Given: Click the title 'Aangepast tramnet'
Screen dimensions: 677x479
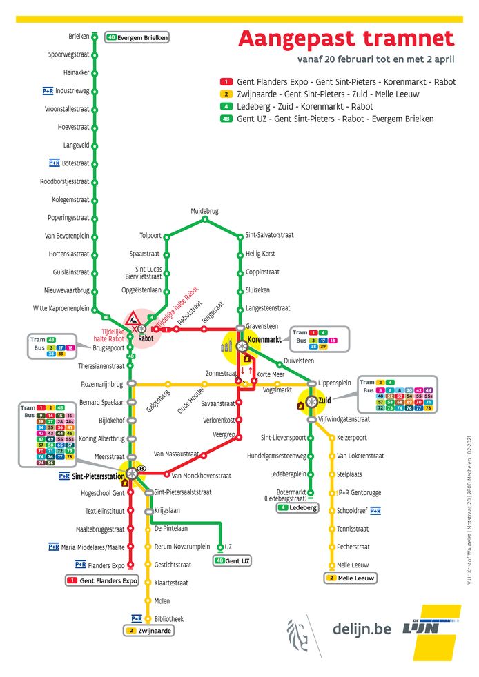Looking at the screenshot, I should point(346,39).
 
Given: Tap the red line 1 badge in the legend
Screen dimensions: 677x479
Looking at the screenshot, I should point(225,81).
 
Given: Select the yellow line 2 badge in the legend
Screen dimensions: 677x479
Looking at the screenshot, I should point(225,94).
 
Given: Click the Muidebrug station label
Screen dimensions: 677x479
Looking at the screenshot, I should point(204,211).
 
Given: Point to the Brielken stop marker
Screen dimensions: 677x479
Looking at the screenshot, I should point(95,37).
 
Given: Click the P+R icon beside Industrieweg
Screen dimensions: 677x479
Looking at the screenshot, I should point(48,90).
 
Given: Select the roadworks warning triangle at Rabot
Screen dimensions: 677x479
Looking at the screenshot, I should point(133,319).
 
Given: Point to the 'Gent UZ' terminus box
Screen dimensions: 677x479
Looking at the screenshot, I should point(232,560).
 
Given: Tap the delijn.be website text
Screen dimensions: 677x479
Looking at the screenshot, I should point(362,629).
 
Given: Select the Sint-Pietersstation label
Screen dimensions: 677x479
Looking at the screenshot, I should point(101,476).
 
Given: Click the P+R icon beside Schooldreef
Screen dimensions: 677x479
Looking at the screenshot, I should point(375,511).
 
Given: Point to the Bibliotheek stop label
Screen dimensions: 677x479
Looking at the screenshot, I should point(169,618).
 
